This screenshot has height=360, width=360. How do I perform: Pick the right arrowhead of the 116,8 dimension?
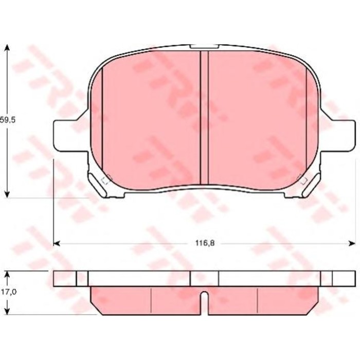point(351,242)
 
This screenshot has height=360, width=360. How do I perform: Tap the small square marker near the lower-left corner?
point(107,180)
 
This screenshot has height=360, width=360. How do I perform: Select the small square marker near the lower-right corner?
point(302,180)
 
